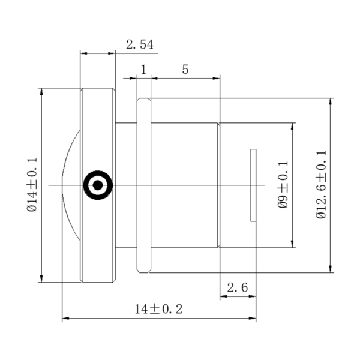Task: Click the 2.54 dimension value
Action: click(139, 44)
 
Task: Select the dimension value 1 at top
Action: click(143, 69)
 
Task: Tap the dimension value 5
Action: click(185, 69)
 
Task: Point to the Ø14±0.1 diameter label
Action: click(32, 184)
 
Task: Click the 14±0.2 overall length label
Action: click(158, 310)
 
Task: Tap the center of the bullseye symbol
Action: click(97, 185)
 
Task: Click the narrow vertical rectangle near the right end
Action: click(253, 185)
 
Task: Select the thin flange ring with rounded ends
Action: click(144, 185)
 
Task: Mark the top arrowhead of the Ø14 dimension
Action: click(41, 92)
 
